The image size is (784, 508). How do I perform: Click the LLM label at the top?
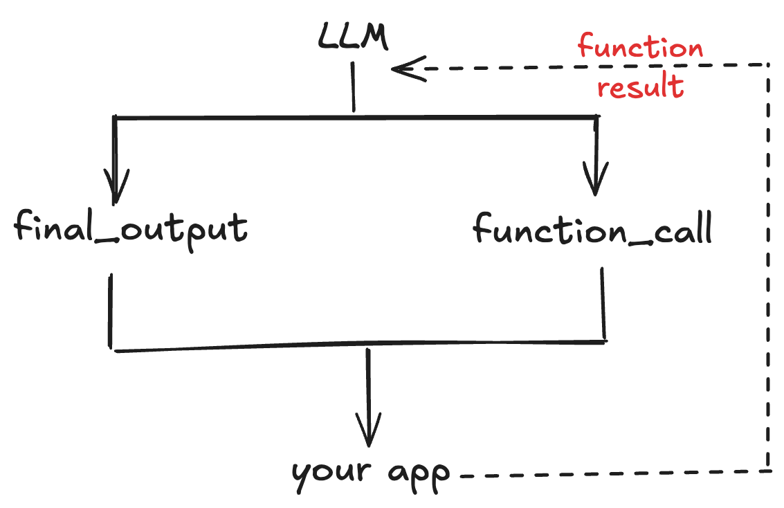tap(353, 37)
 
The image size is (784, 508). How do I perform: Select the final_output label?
tap(130, 229)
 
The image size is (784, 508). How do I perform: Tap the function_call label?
tap(592, 229)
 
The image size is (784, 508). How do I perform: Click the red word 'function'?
tap(640, 49)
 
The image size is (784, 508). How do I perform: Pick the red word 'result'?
tap(640, 88)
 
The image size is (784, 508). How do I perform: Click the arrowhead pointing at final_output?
tap(116, 185)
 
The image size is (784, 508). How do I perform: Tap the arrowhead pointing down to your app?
tap(368, 433)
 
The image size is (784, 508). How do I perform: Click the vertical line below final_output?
tap(110, 310)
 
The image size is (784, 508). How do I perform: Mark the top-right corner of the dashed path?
tap(769, 65)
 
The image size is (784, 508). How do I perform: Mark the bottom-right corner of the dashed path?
tap(769, 471)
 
